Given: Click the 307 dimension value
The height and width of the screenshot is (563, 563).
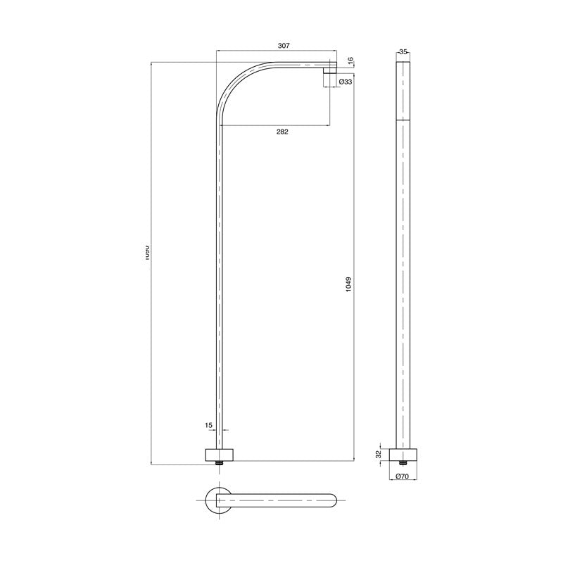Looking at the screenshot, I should coord(284,45).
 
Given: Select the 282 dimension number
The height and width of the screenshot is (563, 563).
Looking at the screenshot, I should coord(282,132).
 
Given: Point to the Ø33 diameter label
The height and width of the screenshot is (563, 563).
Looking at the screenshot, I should coord(346,82).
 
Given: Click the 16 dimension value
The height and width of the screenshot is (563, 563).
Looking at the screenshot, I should coord(350,61).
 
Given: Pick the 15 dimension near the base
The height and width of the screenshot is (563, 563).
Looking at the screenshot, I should coord(208,425).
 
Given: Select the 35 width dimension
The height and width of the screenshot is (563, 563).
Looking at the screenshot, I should coord(403,52).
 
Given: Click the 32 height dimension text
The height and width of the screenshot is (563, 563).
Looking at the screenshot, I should coord(378,455).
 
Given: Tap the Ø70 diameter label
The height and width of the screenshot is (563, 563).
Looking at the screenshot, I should coord(403,476).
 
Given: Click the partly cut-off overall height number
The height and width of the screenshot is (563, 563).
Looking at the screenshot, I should coord(146,253).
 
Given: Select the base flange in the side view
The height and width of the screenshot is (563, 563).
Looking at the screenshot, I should coord(403,454).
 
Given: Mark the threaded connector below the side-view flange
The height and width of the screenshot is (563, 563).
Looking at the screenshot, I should coord(403,462).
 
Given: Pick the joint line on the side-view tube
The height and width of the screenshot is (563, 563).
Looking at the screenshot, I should coord(403,120).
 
